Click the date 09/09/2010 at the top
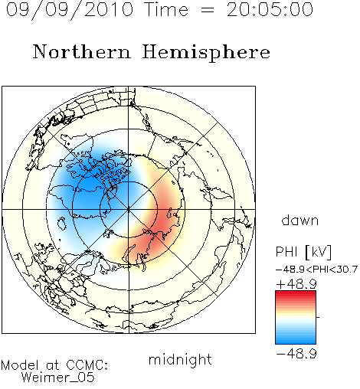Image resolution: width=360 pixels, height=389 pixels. pos(70,9)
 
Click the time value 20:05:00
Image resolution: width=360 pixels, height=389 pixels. pos(270,9)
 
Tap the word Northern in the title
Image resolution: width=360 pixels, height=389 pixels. pos(81,52)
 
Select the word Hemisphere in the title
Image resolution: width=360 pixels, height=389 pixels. pos(206,52)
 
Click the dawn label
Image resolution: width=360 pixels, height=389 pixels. pos(300,220)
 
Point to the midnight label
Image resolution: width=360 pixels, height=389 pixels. pos(180,360)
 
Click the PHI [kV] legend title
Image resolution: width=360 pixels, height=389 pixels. pos(304,252)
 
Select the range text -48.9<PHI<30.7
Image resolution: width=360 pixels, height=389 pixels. pos(316,270)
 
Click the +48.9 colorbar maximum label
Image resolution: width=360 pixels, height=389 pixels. pos(296,284)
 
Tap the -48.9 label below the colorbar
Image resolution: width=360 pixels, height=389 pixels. pos(296,354)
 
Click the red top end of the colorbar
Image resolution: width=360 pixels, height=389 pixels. pos(296,293)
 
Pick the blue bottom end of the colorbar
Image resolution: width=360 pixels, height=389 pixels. pos(296,342)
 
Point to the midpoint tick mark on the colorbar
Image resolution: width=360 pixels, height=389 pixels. pos(318,317)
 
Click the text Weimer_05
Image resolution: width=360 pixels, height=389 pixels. pos(58,377)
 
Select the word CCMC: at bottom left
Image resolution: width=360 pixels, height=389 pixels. pos(87,365)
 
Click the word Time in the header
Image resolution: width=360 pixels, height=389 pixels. pos(166,9)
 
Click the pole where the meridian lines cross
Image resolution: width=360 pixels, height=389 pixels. pos(129,209)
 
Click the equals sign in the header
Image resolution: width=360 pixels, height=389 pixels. pos(208,10)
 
